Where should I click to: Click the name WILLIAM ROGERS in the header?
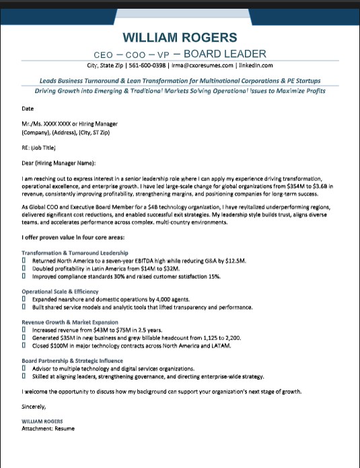[x=180, y=38]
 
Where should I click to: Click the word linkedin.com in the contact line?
[x=256, y=65]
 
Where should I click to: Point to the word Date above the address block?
[x=28, y=108]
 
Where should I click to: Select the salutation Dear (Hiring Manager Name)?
[x=59, y=162]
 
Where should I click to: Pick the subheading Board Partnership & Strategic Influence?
[x=73, y=361]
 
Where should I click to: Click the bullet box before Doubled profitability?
[x=24, y=268]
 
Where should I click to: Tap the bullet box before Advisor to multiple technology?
[x=24, y=368]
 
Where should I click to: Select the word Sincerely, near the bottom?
[x=34, y=406]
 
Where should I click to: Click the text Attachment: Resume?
[x=48, y=428]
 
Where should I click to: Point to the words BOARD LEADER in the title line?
[x=225, y=54]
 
